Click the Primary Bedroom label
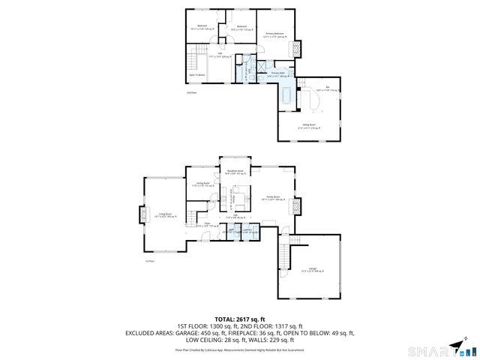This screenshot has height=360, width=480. coord(274,34)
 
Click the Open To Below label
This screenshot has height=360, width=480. coord(196,75)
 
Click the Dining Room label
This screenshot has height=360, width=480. coord(202,184)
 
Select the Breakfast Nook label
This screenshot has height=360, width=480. coord(235,172)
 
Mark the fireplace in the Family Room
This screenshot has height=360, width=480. coord(297,205)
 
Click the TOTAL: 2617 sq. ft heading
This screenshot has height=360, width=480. coord(239,319)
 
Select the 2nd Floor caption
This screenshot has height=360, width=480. coord(191,92)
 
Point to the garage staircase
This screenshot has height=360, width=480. coord(284,251)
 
